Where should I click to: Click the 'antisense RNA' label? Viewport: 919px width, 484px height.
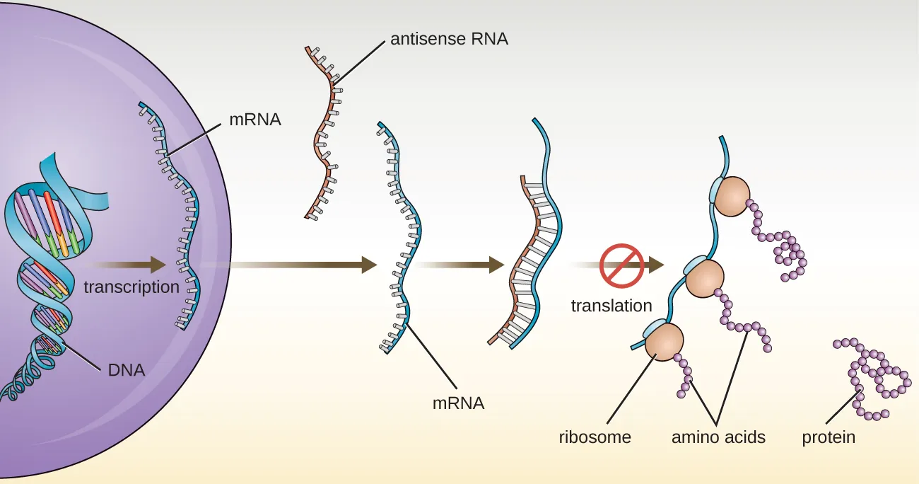[449, 39]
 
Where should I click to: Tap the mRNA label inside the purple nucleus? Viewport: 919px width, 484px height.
[255, 120]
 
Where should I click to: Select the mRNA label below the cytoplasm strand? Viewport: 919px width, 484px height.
[458, 403]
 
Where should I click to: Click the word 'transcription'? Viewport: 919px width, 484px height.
[131, 287]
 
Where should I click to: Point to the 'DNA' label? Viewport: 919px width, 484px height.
[127, 369]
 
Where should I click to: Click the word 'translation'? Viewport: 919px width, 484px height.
[611, 306]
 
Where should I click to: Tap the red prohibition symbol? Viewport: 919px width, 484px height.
[621, 266]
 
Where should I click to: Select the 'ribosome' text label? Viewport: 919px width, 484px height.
[595, 437]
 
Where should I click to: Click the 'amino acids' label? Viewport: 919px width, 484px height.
[718, 437]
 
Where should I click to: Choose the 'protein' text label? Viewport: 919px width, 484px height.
[829, 437]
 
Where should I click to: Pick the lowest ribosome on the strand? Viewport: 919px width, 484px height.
[663, 342]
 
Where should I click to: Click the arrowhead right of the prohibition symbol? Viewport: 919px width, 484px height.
[656, 265]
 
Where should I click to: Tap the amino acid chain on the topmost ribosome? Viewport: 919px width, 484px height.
[785, 244]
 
